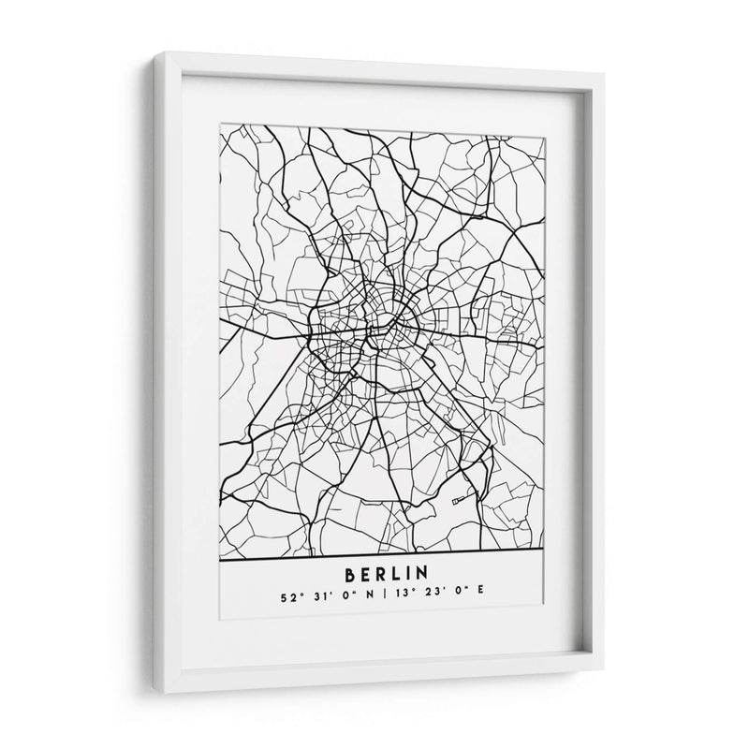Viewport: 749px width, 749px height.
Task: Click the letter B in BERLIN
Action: coord(350,572)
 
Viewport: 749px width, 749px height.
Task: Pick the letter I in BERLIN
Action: coord(409,572)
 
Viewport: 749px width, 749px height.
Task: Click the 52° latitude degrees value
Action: coord(286,592)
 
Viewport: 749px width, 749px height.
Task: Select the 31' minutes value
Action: coord(313,592)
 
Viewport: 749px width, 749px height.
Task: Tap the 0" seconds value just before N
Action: coord(339,592)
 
